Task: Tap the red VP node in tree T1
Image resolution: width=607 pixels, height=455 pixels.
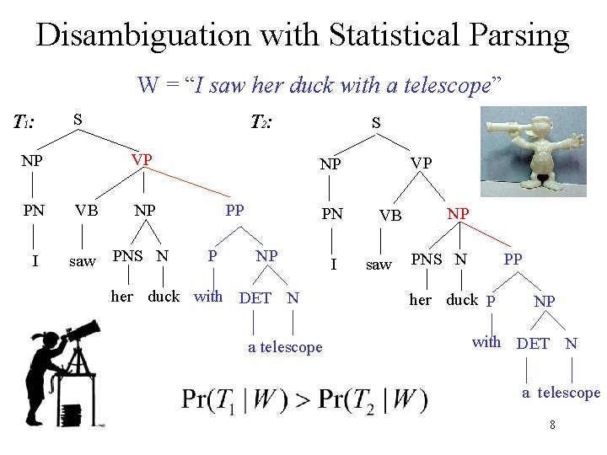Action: pos(142,159)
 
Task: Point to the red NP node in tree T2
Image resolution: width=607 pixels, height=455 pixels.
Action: pos(458,214)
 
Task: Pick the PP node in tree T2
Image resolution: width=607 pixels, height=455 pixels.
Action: pos(513,260)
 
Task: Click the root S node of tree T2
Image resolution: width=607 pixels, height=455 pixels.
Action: pos(376,123)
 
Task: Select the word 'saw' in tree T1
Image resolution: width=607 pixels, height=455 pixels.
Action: pos(82,261)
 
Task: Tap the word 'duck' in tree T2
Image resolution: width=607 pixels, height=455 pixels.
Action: pos(461,300)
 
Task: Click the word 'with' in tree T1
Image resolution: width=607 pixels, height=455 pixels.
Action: pos(208,296)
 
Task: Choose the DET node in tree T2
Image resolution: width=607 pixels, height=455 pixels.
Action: pos(532,343)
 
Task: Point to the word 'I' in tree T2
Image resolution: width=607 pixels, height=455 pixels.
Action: pos(335,265)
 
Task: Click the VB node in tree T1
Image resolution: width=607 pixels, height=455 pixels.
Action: pos(84,211)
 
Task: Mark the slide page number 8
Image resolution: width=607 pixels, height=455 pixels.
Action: pos(552,425)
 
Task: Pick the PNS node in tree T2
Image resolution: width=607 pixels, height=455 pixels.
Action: pos(426,260)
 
